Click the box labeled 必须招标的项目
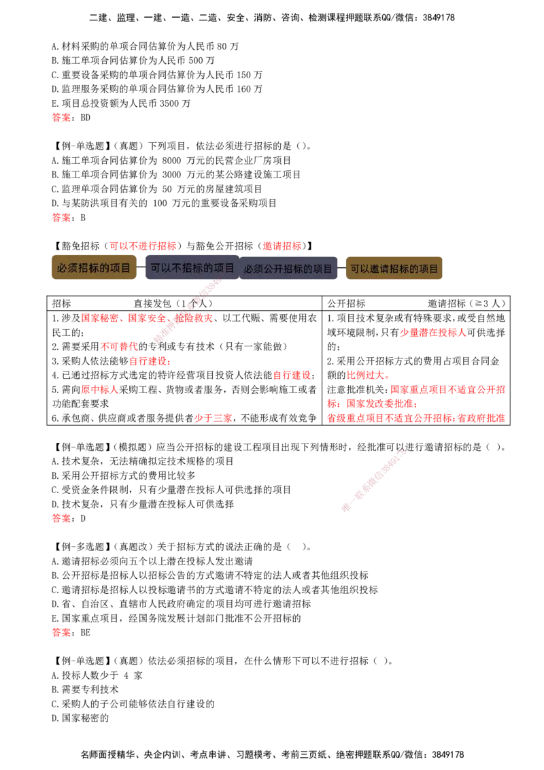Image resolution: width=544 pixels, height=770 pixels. (94, 268)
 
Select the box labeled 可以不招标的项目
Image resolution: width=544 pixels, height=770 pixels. (192, 268)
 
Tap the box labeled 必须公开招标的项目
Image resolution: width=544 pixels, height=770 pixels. (288, 269)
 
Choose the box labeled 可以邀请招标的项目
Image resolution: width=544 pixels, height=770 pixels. (394, 269)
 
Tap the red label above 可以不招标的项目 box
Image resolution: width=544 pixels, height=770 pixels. (143, 245)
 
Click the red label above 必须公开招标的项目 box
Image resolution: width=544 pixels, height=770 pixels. (282, 245)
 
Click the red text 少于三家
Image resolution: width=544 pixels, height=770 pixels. (213, 418)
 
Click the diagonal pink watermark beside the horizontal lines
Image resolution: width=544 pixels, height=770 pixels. (374, 480)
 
